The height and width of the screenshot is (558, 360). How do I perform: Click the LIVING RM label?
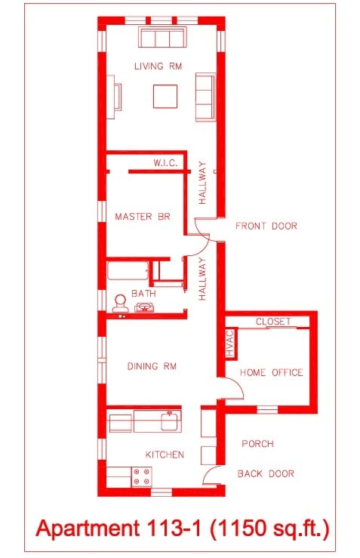pos(158,66)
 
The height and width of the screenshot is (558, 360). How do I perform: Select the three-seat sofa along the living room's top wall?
pos(162,38)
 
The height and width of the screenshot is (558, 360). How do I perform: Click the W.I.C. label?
pos(165,163)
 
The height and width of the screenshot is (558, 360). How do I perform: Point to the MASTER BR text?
pos(142,217)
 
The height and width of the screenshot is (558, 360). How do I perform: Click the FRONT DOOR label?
pos(266,226)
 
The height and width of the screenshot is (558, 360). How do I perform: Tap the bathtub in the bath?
pos(128,273)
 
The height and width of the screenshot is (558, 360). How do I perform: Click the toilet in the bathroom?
pos(119,303)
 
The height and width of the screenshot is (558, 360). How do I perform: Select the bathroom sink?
pos(144,307)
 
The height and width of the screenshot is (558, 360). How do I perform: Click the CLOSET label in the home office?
pos(272,322)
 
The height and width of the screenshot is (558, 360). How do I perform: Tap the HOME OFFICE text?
pos(271,372)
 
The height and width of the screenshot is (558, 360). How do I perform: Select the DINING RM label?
pos(152,366)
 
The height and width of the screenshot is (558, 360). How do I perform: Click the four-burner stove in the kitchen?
pos(142,476)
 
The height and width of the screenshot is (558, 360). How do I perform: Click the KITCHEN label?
pos(165,455)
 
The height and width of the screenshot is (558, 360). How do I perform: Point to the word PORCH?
pos(257,444)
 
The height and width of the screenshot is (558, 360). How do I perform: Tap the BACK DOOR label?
pos(266,473)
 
